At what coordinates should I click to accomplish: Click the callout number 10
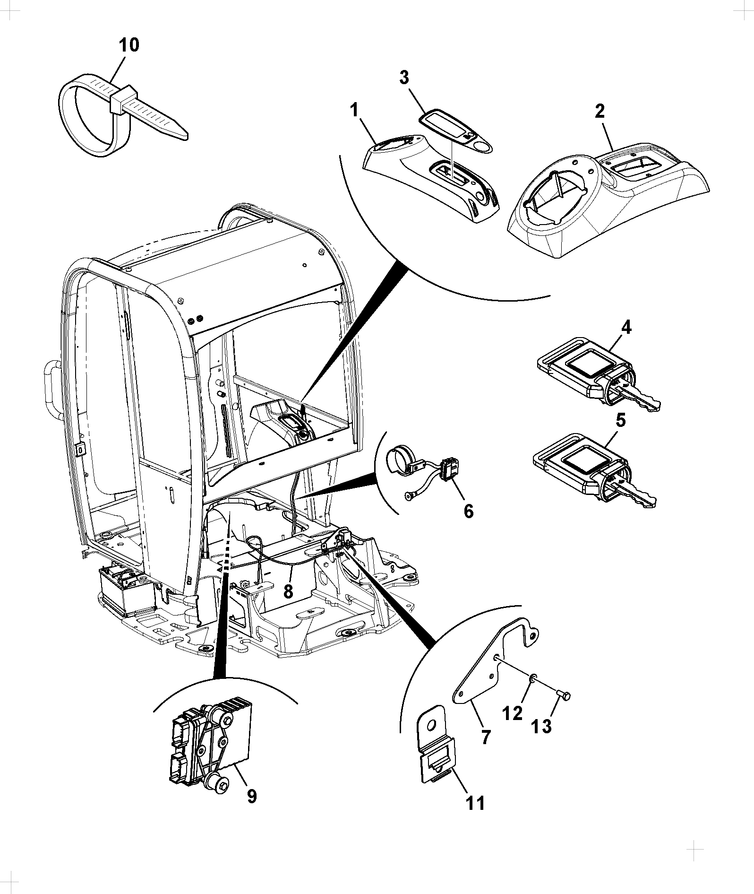(129, 45)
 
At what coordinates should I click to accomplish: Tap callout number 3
(404, 78)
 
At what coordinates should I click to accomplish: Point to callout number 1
(355, 111)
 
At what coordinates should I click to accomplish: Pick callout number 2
(600, 111)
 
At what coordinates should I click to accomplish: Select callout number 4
(626, 327)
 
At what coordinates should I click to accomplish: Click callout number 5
(621, 420)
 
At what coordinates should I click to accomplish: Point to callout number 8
(288, 590)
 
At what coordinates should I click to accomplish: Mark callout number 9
(252, 796)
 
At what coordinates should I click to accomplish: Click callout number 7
(485, 736)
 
